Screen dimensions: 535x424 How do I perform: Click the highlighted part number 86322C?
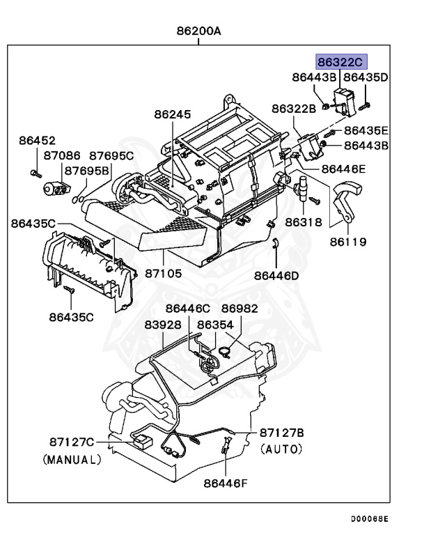click(341, 61)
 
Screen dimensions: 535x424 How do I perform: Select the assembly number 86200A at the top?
click(198, 31)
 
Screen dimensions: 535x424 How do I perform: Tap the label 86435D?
click(366, 77)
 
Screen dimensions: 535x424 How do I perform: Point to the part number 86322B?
click(294, 108)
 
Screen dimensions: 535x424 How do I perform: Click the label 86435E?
click(366, 130)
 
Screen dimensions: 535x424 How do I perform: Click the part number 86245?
click(171, 114)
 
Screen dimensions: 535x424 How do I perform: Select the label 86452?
click(37, 140)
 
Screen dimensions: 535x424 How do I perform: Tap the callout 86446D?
click(276, 275)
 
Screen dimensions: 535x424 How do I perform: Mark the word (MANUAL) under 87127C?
click(72, 460)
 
